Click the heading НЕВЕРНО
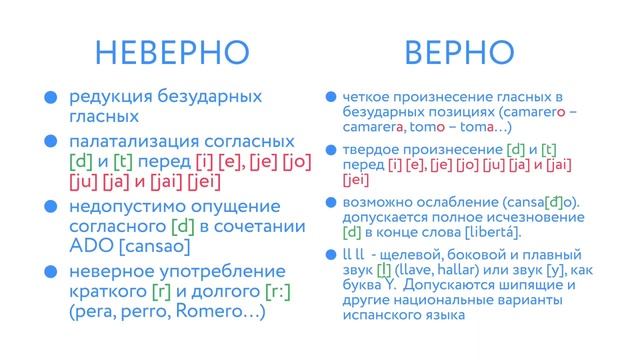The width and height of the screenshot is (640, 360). [171, 52]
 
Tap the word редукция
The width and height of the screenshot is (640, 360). [110, 97]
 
